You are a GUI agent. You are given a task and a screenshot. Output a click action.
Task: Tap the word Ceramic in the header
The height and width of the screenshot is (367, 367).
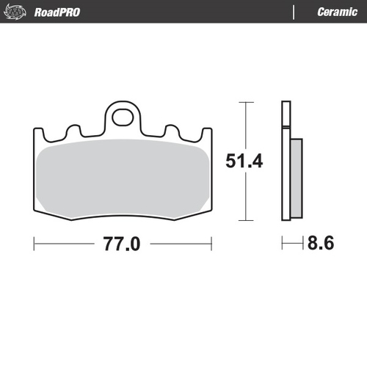[336, 12]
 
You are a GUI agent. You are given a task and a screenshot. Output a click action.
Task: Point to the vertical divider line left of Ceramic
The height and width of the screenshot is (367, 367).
[294, 12]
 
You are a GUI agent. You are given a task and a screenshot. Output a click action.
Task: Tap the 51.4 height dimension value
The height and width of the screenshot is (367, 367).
[244, 161]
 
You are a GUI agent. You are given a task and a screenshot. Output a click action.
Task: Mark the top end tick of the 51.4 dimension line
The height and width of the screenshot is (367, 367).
[244, 103]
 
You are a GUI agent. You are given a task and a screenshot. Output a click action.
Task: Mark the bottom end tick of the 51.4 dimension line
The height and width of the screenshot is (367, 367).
[244, 220]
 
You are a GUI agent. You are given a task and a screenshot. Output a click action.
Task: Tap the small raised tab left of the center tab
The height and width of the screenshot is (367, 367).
[73, 131]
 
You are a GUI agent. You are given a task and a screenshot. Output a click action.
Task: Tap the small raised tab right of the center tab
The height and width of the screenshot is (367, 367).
[172, 131]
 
